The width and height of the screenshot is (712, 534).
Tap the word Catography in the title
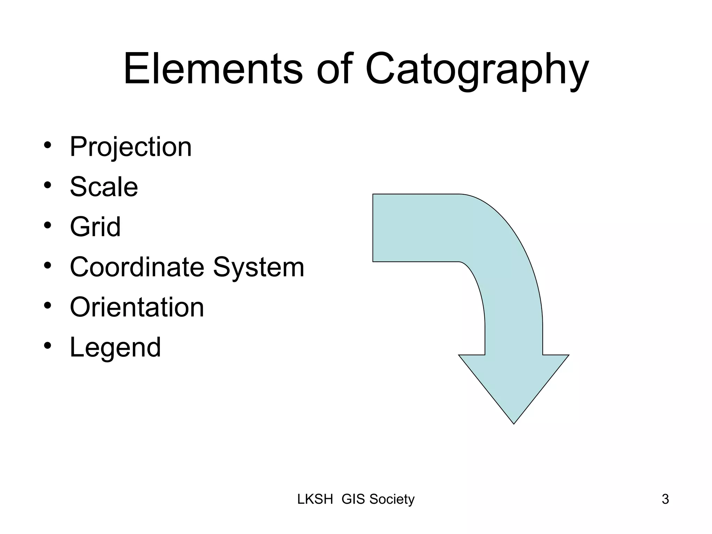tap(477, 70)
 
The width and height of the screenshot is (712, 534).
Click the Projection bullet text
tap(131, 147)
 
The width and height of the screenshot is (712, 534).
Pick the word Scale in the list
tap(104, 187)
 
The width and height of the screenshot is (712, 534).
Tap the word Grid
tap(95, 227)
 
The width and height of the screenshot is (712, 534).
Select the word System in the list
tap(259, 268)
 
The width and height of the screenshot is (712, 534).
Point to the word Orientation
tap(137, 307)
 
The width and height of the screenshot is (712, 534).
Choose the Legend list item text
tap(115, 347)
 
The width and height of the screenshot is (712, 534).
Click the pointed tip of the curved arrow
tap(513, 422)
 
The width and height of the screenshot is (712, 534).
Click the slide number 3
tap(665, 499)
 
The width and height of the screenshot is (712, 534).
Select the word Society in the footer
tap(392, 499)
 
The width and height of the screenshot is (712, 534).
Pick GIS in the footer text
tap(353, 499)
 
